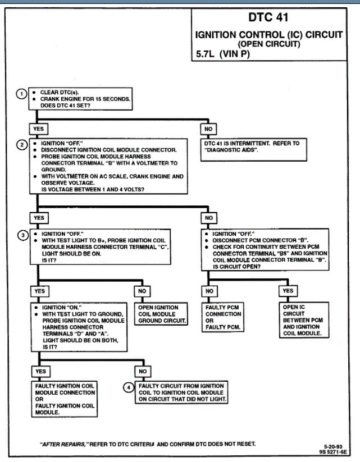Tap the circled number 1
(21, 94)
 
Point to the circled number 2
(21, 145)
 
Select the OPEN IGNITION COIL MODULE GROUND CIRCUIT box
(162, 314)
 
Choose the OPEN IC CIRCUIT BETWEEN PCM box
(302, 320)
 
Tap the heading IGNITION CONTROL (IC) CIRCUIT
(268, 34)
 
